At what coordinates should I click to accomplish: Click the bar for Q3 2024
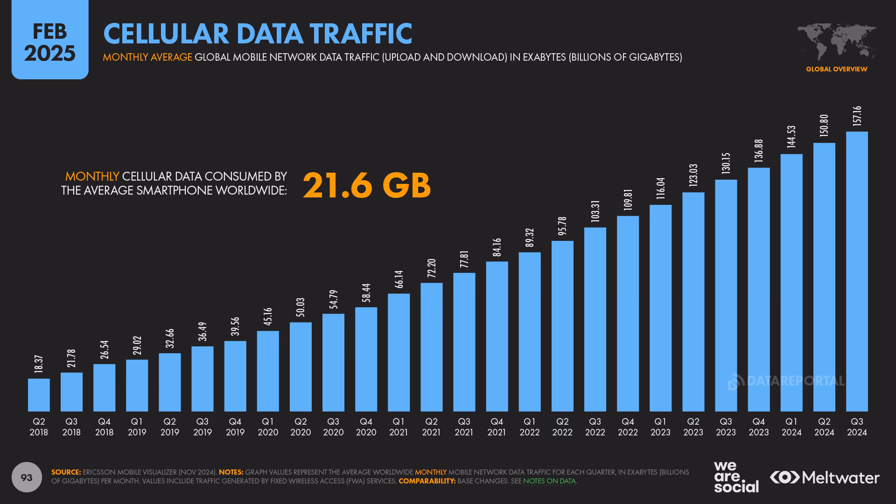pyautogui.click(x=857, y=272)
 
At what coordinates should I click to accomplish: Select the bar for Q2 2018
pyautogui.click(x=39, y=395)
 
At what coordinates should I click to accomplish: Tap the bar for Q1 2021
pyautogui.click(x=399, y=352)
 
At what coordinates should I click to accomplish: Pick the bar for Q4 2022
pyautogui.click(x=628, y=314)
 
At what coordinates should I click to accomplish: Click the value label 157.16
pyautogui.click(x=857, y=116)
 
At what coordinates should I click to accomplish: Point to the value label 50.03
pyautogui.click(x=301, y=308)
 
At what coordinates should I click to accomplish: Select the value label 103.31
pyautogui.click(x=595, y=211)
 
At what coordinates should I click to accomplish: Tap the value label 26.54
pyautogui.click(x=105, y=350)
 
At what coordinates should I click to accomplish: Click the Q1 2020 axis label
pyautogui.click(x=268, y=427)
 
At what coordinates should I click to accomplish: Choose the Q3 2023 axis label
pyautogui.click(x=726, y=427)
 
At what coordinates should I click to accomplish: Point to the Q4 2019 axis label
pyautogui.click(x=235, y=427)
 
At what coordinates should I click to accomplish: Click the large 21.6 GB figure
pyautogui.click(x=367, y=185)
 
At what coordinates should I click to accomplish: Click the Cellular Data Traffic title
pyautogui.click(x=258, y=34)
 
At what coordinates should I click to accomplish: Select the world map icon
pyautogui.click(x=836, y=42)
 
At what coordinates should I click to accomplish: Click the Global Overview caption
pyautogui.click(x=836, y=69)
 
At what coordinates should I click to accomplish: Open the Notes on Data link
pyautogui.click(x=549, y=481)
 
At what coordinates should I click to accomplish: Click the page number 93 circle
pyautogui.click(x=27, y=477)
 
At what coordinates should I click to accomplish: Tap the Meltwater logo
pyautogui.click(x=825, y=477)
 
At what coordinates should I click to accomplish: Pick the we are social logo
pyautogui.click(x=736, y=477)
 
